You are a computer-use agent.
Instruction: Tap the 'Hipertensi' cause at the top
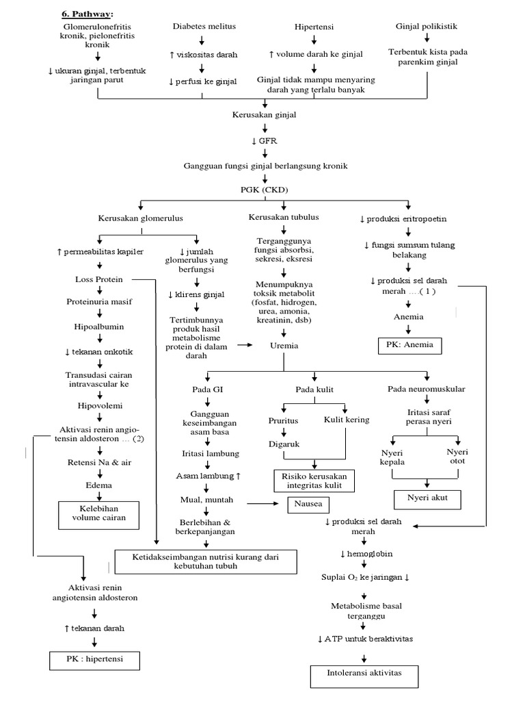(314, 26)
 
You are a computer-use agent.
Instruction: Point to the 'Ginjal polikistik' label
(427, 26)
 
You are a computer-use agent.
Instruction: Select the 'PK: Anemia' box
(410, 345)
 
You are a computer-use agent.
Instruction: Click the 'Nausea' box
(299, 505)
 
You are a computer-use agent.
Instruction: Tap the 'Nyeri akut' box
(427, 498)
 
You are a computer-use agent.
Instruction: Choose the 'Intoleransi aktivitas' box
(364, 674)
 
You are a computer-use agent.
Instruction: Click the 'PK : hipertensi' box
(94, 661)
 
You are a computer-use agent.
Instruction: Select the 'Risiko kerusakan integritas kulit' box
(315, 481)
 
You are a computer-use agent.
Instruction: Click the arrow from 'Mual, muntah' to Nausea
(263, 505)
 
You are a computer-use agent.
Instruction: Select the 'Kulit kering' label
(347, 420)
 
